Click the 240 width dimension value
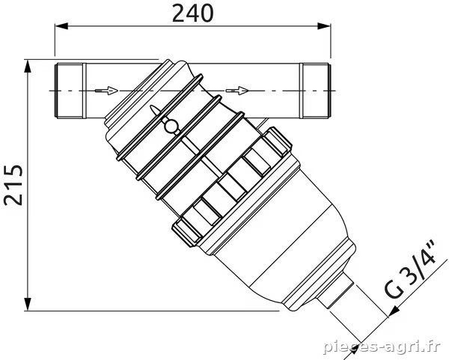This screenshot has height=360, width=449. (x=193, y=13)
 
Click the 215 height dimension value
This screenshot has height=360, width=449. (x=13, y=185)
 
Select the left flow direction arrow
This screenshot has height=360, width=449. (x=106, y=91)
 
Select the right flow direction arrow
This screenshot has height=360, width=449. (x=236, y=91)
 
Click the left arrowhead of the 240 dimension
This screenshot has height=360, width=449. (x=61, y=26)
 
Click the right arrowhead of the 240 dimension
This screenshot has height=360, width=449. (x=324, y=26)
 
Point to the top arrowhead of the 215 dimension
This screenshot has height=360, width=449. (x=28, y=67)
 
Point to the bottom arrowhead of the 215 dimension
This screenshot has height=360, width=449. (x=28, y=304)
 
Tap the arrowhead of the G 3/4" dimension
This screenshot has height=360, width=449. (x=394, y=311)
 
